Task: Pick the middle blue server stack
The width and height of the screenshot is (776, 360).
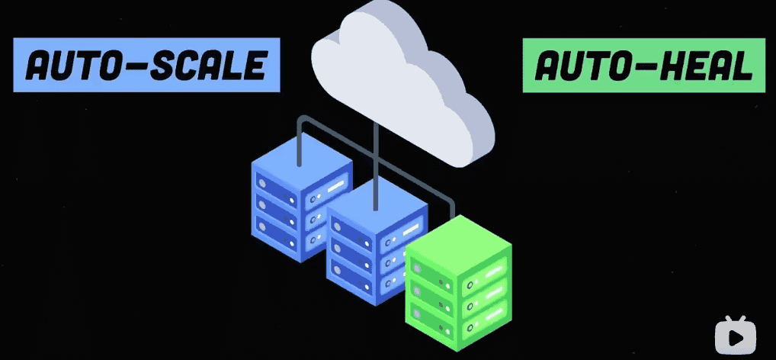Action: pos(374,244)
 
